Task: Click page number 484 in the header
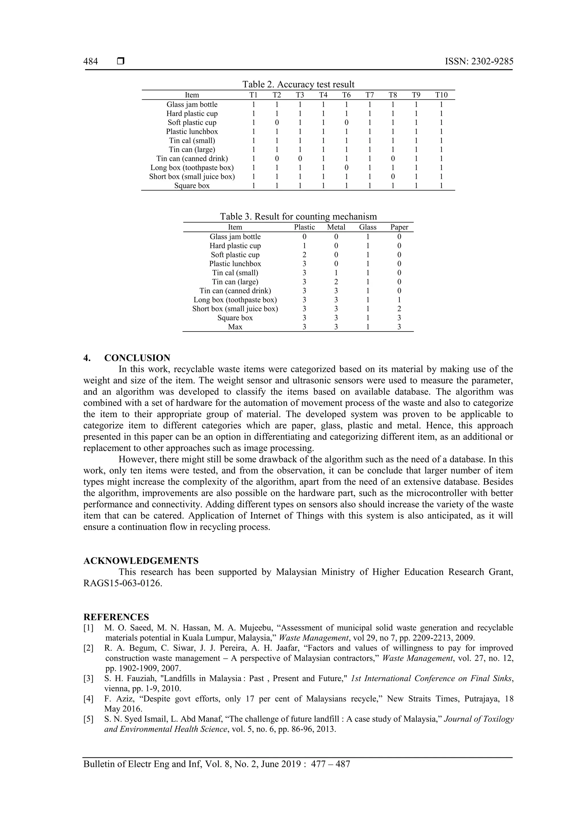point(91,62)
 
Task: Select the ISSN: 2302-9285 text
point(479,62)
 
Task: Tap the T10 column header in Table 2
point(441,95)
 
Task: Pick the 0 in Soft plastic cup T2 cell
point(277,122)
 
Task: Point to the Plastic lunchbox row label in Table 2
point(192,132)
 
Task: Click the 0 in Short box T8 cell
point(393,177)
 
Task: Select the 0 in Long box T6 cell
point(346,167)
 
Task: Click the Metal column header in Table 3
point(336,227)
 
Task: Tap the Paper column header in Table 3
point(399,227)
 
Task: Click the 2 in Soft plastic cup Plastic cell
point(304,255)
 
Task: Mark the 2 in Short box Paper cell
point(399,309)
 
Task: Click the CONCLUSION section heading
point(137,358)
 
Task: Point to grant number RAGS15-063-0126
point(122,583)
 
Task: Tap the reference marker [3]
point(88,678)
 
